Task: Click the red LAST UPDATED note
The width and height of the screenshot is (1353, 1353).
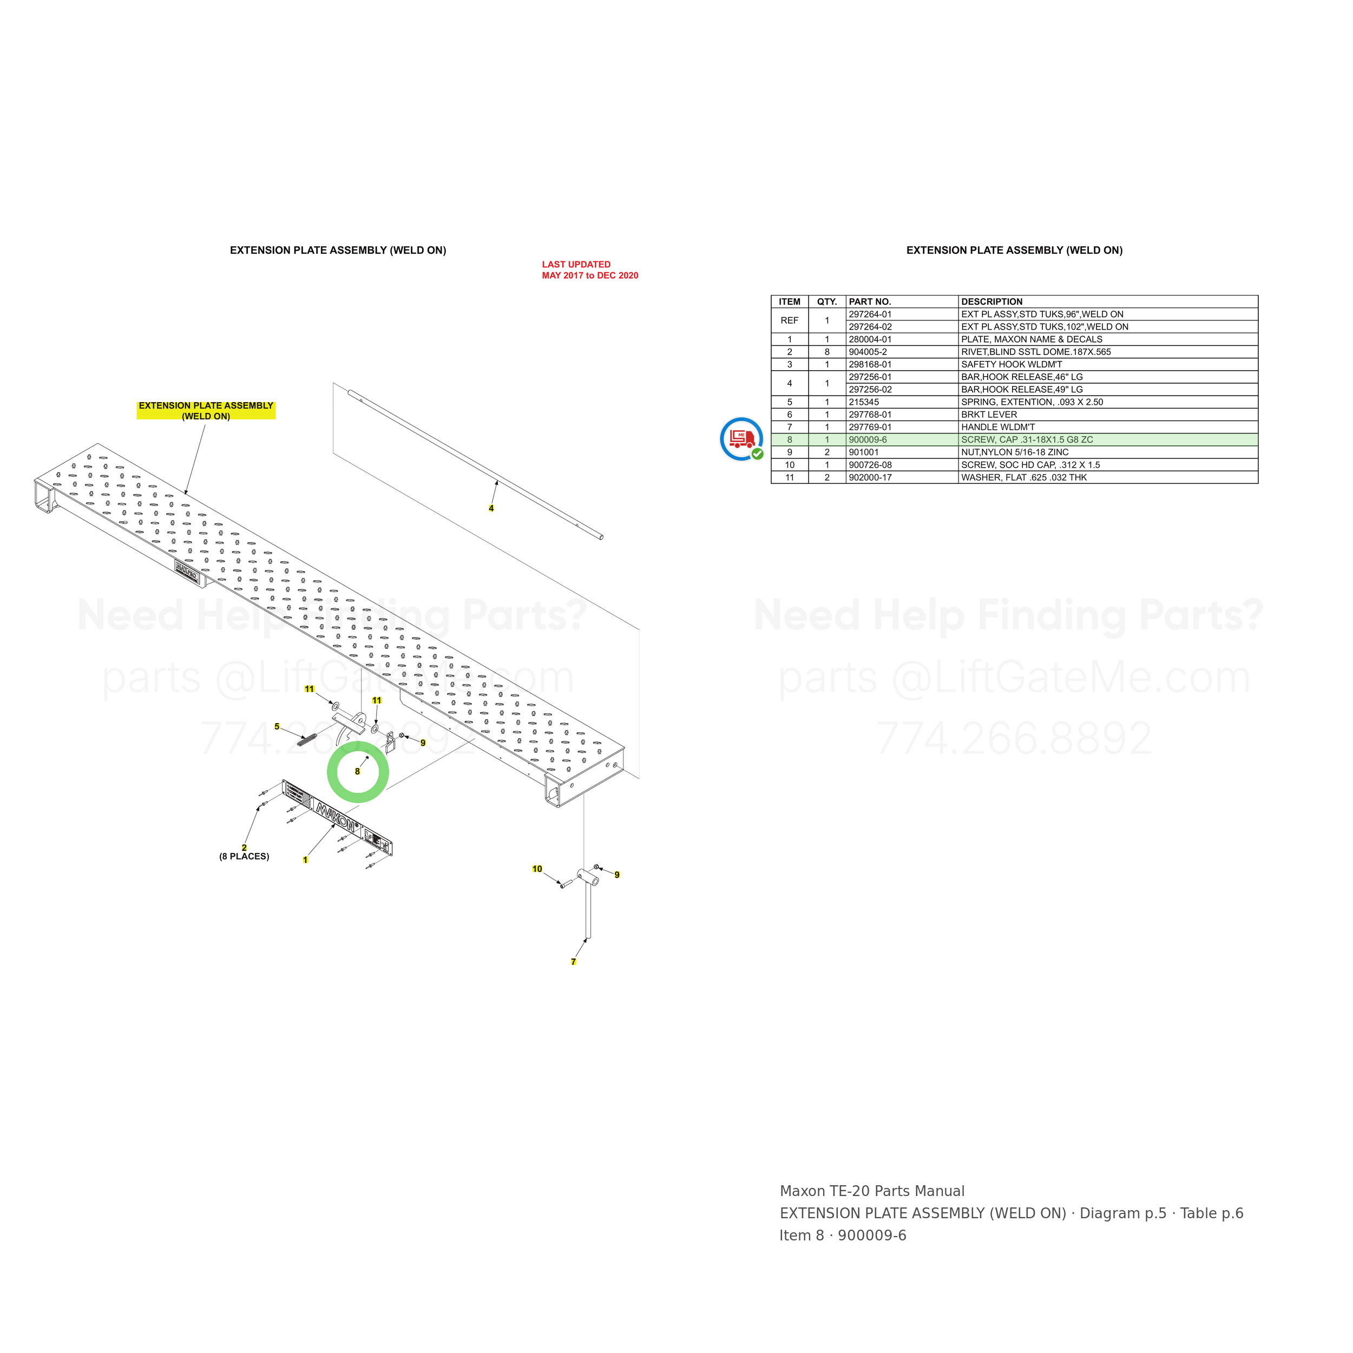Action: tap(590, 270)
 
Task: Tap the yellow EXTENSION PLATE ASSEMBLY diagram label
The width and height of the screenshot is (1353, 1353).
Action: tap(206, 410)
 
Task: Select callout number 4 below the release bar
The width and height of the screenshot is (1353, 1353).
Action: tap(491, 508)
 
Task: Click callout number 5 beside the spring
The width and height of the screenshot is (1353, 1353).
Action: tap(277, 726)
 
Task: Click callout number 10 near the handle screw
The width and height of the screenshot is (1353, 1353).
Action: tap(537, 869)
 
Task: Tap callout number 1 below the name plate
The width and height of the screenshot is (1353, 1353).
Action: tap(305, 860)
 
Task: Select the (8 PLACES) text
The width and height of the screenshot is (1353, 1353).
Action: tap(245, 857)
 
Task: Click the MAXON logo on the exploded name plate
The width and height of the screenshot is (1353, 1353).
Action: tap(337, 817)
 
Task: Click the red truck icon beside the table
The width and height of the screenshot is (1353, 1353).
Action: tap(741, 439)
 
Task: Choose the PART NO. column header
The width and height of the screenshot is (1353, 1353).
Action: tap(870, 302)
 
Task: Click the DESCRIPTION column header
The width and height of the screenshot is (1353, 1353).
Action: tap(991, 302)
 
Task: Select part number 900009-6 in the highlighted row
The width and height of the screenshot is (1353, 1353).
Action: tap(868, 440)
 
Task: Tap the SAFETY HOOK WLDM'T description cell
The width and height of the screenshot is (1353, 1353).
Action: tap(1012, 364)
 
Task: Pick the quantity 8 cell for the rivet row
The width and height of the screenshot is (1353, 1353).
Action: tap(827, 352)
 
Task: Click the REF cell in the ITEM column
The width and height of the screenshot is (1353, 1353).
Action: tap(789, 320)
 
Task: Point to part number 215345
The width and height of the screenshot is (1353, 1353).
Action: tap(863, 402)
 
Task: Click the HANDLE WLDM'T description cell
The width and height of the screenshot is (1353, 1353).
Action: tap(998, 427)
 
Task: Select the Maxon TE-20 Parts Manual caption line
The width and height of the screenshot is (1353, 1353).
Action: tap(872, 1191)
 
